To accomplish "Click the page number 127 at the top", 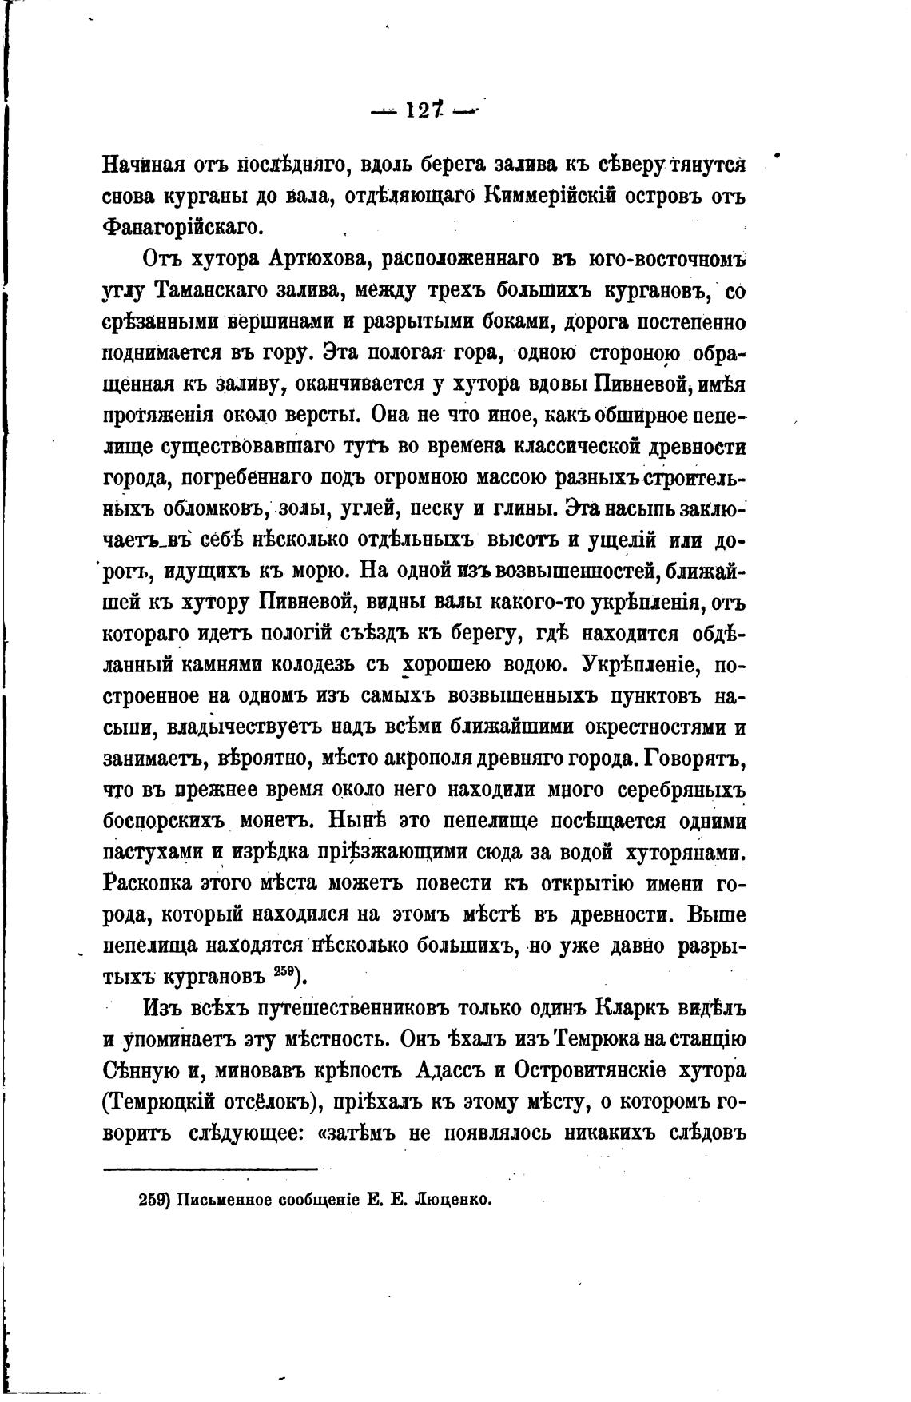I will click(424, 111).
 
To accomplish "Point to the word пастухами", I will click(153, 853).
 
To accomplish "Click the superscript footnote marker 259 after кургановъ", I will click(284, 970).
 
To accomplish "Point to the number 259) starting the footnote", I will click(154, 1200).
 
